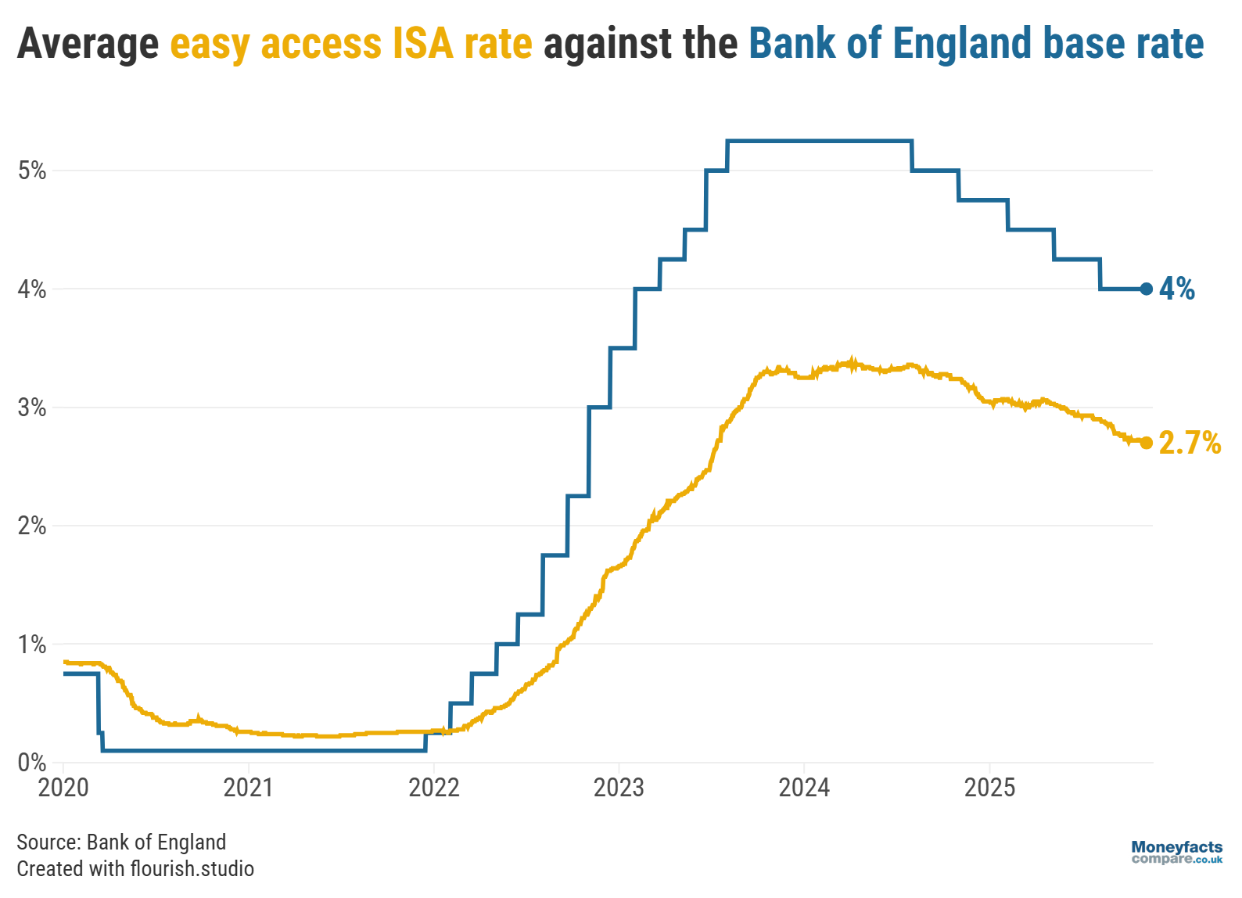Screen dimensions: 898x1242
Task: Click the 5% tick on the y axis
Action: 32,171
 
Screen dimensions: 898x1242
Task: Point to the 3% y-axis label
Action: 32,408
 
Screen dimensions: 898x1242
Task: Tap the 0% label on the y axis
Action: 32,763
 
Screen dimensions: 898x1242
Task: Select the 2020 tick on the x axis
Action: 63,787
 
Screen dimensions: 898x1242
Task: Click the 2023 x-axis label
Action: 619,787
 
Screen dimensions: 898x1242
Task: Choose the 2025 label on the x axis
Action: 989,787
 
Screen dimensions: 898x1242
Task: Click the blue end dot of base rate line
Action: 1146,289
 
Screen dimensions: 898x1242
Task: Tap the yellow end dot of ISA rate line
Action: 1146,443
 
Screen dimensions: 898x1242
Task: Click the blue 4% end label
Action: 1177,289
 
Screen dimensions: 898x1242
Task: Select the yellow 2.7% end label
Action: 1190,443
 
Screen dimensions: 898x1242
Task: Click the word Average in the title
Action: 88,43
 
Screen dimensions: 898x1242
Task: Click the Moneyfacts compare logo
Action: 1176,852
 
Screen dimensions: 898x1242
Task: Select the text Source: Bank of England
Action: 121,842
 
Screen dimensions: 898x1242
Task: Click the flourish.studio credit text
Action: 192,868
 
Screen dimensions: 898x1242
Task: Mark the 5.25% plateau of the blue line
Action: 820,141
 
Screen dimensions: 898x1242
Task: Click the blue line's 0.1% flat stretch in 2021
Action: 248,750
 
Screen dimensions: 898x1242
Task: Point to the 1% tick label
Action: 32,645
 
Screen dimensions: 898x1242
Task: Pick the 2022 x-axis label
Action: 433,787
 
